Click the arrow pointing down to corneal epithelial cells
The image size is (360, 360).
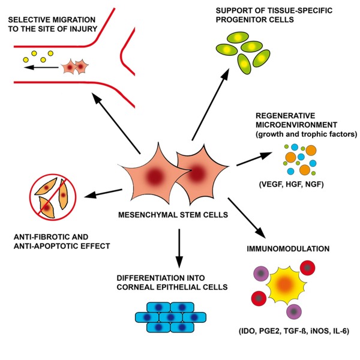tap(178, 244)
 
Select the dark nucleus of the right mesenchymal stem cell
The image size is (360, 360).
tap(194, 175)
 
